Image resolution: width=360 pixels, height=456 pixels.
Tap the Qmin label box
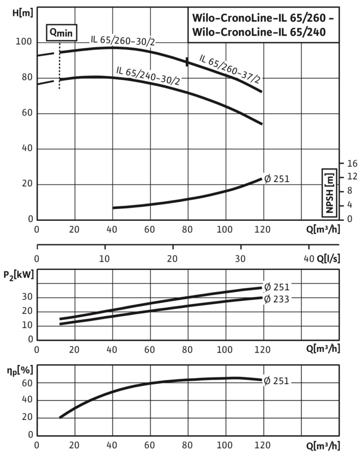click(x=61, y=32)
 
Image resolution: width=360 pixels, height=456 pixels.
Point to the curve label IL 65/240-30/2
click(x=147, y=76)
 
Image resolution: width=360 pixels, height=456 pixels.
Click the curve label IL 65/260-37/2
click(x=229, y=68)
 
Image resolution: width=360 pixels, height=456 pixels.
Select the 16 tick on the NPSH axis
click(x=352, y=163)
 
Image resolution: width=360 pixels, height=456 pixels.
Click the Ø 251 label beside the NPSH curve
click(x=277, y=179)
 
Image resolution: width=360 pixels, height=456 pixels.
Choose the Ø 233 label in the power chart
click(x=277, y=299)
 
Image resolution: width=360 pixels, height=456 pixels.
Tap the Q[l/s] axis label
click(x=327, y=258)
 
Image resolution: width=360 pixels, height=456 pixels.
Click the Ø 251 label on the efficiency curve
click(x=277, y=381)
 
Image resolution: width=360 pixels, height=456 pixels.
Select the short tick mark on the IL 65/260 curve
click(x=187, y=62)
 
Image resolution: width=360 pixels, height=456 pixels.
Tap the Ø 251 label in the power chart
click(x=277, y=288)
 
